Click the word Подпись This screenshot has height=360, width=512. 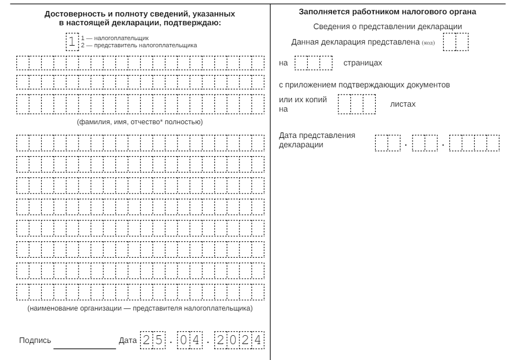pos(34,341)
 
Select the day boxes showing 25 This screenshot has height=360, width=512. pos(152,340)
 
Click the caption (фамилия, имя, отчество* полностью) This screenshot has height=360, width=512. pos(140,122)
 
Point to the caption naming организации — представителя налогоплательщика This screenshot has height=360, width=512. pos(140,309)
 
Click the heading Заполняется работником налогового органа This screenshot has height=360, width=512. pos(387,12)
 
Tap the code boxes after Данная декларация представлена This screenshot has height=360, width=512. pos(455,42)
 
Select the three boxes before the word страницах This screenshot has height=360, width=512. pos(314,63)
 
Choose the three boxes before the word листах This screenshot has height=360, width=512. pos(357,104)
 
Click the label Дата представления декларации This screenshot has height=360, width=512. pos(317,140)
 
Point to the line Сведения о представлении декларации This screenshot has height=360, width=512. pos(387,26)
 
